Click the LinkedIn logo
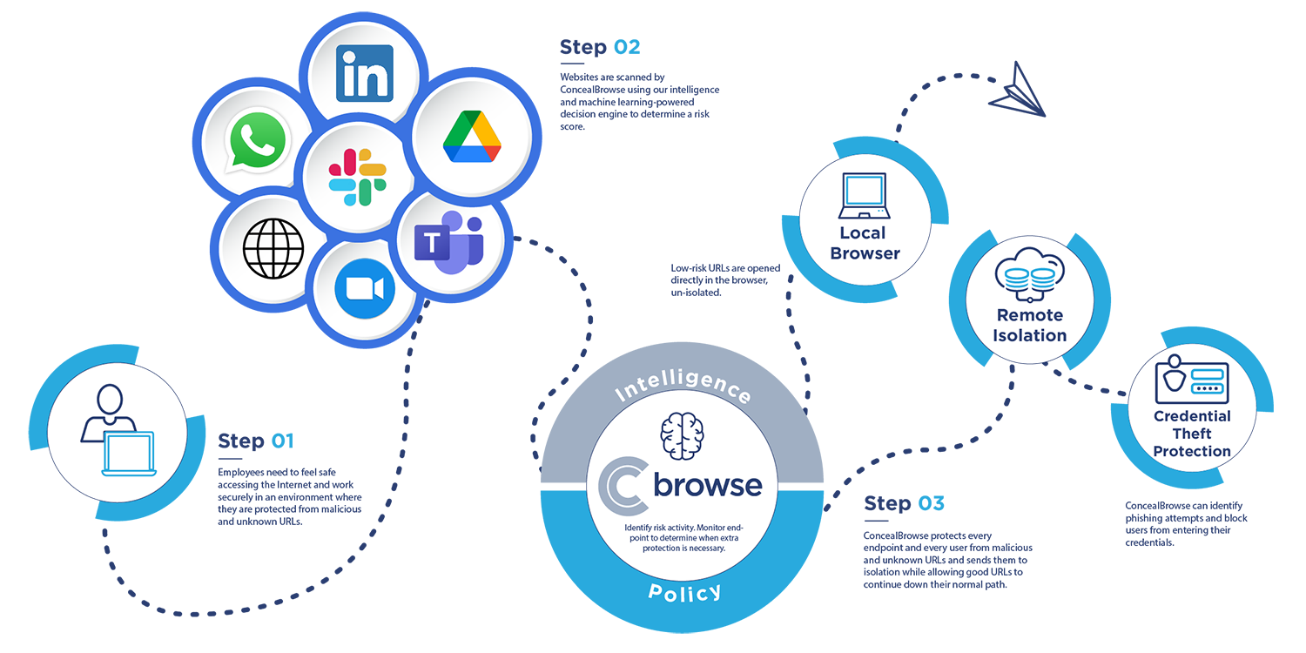[x=364, y=73]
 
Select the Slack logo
[x=357, y=177]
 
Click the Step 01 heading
[x=256, y=441]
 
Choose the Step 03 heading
[x=904, y=503]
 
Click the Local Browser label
[x=864, y=243]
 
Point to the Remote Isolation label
[x=1030, y=325]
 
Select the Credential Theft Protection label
[x=1192, y=433]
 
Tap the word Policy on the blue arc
[x=684, y=592]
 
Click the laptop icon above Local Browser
[x=863, y=196]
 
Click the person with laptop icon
[x=118, y=430]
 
